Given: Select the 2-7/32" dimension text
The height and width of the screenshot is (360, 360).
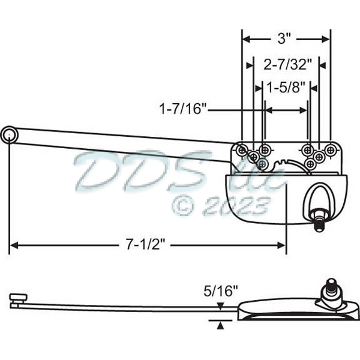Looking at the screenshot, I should pyautogui.click(x=286, y=63).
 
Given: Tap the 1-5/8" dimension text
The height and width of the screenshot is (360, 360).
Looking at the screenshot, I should pyautogui.click(x=286, y=86).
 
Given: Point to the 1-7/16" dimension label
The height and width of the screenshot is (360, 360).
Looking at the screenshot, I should pyautogui.click(x=183, y=109).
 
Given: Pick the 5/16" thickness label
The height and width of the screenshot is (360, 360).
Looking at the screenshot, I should pyautogui.click(x=221, y=291).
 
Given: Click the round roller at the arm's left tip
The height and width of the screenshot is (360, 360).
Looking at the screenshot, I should pyautogui.click(x=10, y=135).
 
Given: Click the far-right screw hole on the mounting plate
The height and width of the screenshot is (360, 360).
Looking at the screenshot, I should pyautogui.click(x=329, y=149).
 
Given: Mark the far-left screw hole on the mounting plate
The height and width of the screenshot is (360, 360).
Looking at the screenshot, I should pyautogui.click(x=241, y=149).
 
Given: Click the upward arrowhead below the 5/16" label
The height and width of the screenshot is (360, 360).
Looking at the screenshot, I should pyautogui.click(x=221, y=324).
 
